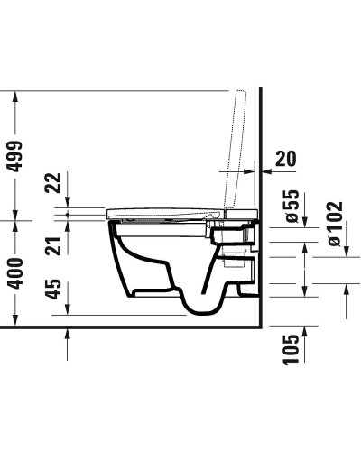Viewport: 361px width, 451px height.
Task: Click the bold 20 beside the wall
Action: (x=284, y=160)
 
